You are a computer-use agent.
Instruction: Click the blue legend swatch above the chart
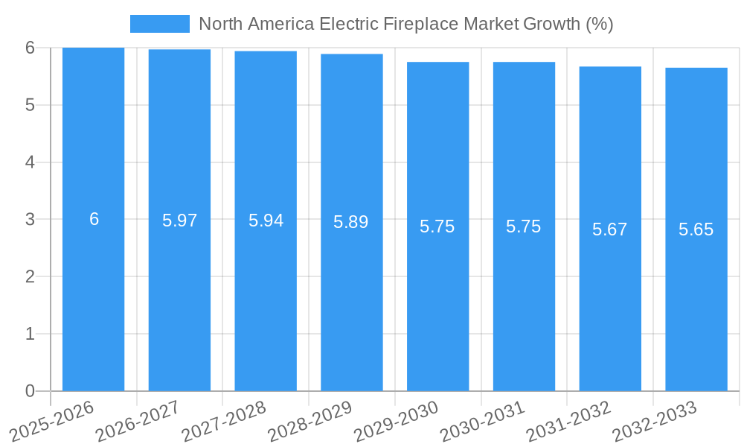[159, 24]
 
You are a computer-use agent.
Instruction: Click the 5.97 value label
[179, 221]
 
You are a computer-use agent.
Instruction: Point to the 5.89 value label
[351, 222]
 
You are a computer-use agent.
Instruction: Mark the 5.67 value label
[610, 229]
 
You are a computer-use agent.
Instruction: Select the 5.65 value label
[696, 229]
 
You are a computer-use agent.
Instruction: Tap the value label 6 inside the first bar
[94, 219]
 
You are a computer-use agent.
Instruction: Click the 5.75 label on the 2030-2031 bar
[524, 226]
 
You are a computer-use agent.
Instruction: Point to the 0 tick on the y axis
[30, 391]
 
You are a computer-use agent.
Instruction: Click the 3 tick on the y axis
[30, 219]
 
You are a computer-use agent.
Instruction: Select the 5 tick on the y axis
[30, 105]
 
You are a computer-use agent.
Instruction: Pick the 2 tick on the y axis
[30, 276]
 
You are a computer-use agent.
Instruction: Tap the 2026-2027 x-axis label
[138, 422]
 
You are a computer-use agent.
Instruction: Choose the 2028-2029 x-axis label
[310, 422]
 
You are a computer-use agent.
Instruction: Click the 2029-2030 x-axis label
[397, 422]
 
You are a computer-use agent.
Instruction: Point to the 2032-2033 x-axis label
[655, 422]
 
